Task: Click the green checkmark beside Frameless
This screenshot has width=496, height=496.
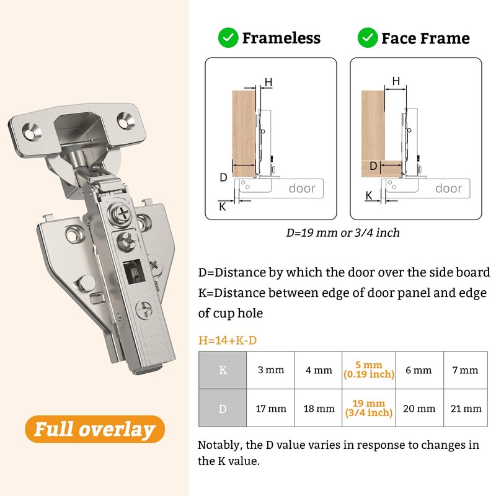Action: [x=228, y=38]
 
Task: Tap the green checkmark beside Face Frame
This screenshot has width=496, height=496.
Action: [x=368, y=38]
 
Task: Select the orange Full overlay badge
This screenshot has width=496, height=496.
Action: [x=95, y=429]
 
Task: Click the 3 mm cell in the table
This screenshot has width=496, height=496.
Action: [x=270, y=370]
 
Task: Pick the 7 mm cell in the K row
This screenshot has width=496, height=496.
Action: [x=465, y=370]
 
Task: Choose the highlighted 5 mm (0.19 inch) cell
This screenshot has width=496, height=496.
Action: [x=369, y=370]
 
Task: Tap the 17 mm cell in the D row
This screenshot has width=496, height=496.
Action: [x=270, y=408]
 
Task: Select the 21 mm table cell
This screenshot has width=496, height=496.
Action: [x=465, y=408]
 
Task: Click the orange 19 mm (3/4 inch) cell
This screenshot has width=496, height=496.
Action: [x=369, y=408]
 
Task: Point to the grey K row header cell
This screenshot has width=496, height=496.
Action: [x=223, y=370]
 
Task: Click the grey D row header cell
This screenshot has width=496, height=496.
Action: [x=223, y=408]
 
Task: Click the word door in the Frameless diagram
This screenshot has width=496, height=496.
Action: [x=302, y=188]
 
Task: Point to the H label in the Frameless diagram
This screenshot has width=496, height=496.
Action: [x=268, y=82]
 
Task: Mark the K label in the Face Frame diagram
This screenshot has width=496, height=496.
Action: [x=369, y=195]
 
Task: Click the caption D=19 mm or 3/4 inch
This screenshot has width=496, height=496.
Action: [x=343, y=233]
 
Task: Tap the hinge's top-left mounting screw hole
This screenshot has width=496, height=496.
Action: [x=30, y=131]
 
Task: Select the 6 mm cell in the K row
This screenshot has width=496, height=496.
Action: [x=418, y=370]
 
